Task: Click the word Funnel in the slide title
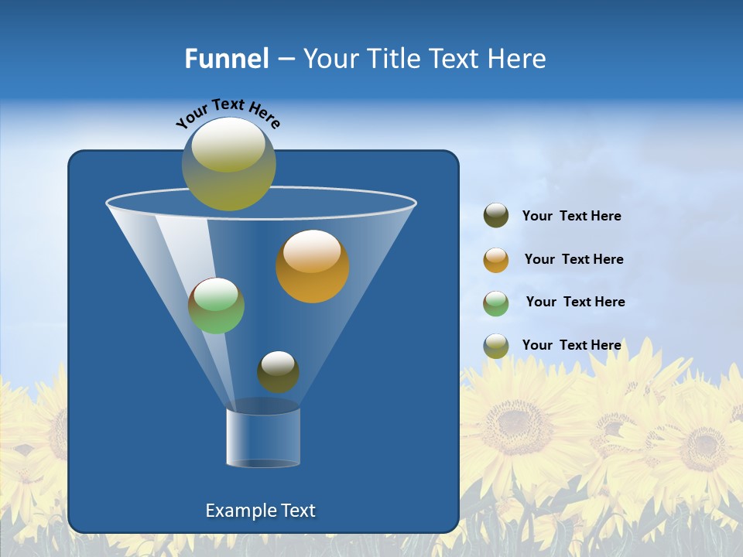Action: pyautogui.click(x=227, y=59)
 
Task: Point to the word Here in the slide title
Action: pyautogui.click(x=516, y=59)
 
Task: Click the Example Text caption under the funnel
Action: pyautogui.click(x=261, y=511)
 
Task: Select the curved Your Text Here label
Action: pyautogui.click(x=228, y=113)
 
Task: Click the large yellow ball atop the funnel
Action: pyautogui.click(x=229, y=164)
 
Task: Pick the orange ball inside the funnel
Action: pyautogui.click(x=313, y=266)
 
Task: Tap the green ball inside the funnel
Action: pyautogui.click(x=217, y=306)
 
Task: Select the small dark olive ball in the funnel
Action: pyautogui.click(x=278, y=372)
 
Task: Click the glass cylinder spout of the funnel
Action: pyautogui.click(x=263, y=438)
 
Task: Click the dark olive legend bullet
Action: pyautogui.click(x=496, y=216)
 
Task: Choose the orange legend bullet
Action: pyautogui.click(x=496, y=260)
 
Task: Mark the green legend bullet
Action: pyautogui.click(x=496, y=303)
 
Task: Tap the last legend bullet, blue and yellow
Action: pyautogui.click(x=496, y=346)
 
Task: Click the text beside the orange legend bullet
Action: pyautogui.click(x=574, y=260)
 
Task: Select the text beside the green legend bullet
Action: pyautogui.click(x=575, y=302)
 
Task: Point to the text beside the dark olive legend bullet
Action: pyautogui.click(x=571, y=217)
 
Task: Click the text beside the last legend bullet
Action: pyautogui.click(x=571, y=345)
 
